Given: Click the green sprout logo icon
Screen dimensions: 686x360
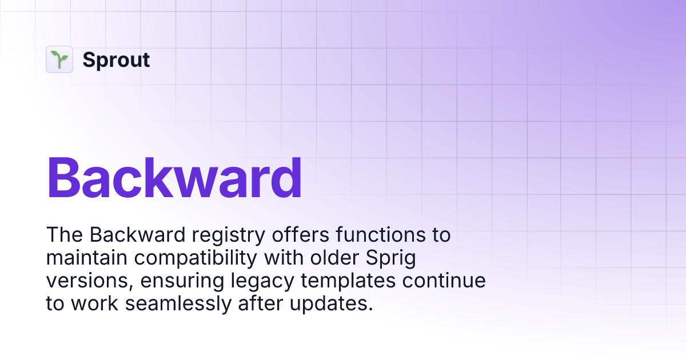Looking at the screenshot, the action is (59, 59).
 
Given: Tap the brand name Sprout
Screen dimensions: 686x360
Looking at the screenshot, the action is (116, 59).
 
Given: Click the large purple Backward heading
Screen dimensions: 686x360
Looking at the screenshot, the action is (174, 178).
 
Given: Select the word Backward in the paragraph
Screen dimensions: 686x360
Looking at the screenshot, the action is (138, 235).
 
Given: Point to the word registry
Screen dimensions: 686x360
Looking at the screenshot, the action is (229, 235).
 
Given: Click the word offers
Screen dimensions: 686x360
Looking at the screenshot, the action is (301, 235).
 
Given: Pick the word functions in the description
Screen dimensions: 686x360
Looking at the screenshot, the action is (381, 235).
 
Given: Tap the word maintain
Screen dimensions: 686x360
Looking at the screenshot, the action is (87, 258).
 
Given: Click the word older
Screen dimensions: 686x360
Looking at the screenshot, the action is (334, 258).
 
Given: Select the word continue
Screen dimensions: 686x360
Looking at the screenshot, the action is (444, 281).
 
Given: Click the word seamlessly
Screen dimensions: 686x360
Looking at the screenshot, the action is (178, 304).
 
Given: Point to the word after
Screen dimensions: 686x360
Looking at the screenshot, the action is (260, 303).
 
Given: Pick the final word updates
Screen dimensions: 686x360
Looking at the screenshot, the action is (331, 304).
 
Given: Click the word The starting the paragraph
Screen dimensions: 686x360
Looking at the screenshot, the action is (64, 235).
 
